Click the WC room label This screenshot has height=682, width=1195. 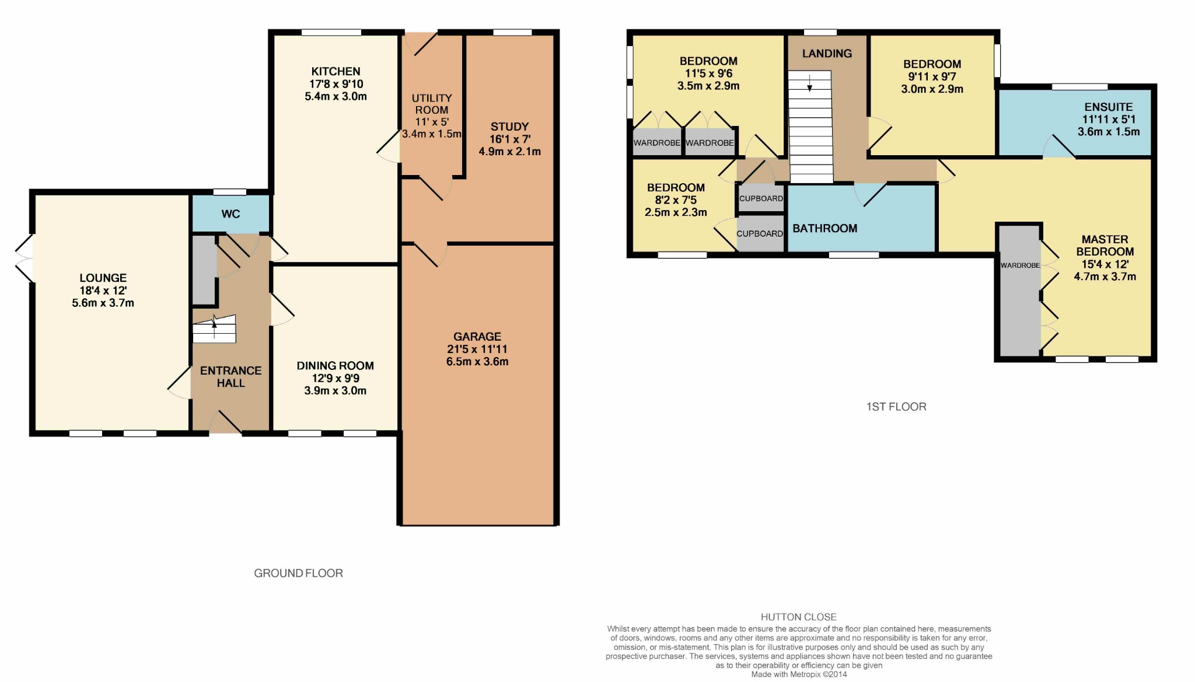pos(230,214)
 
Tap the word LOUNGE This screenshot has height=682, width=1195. pos(103,278)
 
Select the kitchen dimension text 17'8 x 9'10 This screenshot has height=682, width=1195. pos(336,84)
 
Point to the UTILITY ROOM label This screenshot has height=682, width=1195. pos(432,104)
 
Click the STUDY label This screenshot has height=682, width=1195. pos(509,127)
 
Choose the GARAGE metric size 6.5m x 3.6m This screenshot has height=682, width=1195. pos(477,362)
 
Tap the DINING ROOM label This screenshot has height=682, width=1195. pos(336,366)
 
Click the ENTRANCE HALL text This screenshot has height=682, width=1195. pos(230,377)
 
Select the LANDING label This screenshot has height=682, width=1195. pos(827,54)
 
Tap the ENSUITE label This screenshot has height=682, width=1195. pos(1109,107)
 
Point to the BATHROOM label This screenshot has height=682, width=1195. pos(824,229)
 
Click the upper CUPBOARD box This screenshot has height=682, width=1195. pos(761,198)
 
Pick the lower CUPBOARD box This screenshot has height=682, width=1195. pos(760,233)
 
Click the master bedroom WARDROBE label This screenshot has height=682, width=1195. pos(1020,265)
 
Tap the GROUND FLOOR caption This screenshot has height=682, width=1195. pos(298,573)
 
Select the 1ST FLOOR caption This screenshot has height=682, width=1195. pos(896,407)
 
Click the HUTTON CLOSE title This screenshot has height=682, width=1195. pos(799,617)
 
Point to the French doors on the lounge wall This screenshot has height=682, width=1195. pos(25,258)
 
